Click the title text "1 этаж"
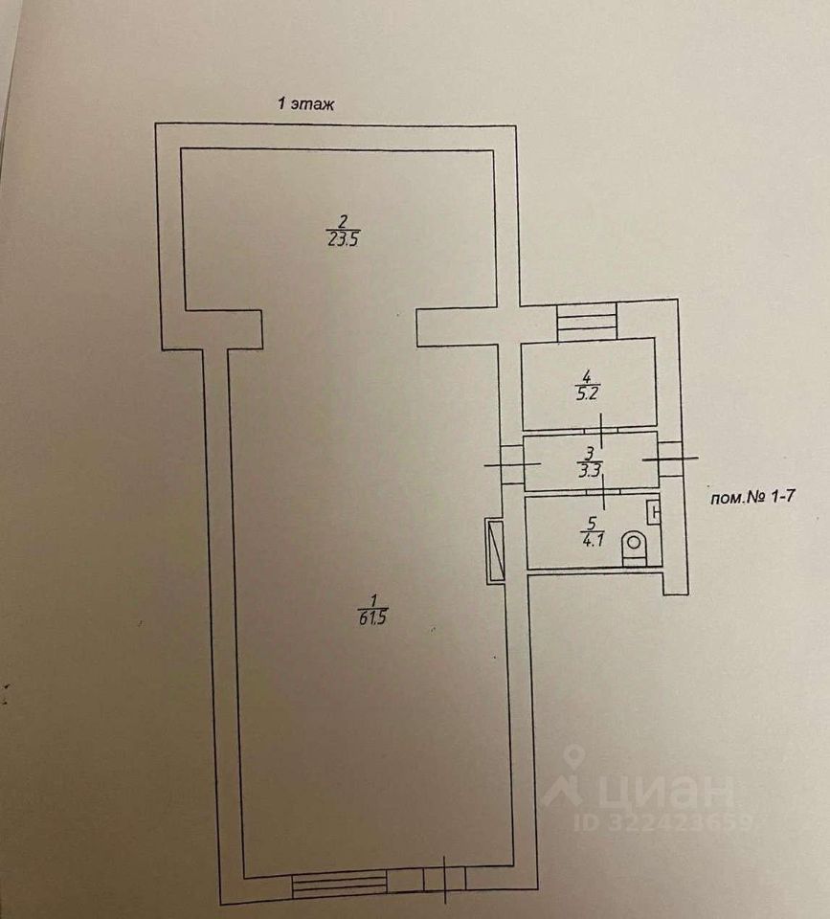coord(305,105)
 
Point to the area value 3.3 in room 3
coord(591,469)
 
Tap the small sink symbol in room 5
coord(655,514)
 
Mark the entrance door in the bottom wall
coord(445,881)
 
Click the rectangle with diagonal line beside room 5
coord(495,549)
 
